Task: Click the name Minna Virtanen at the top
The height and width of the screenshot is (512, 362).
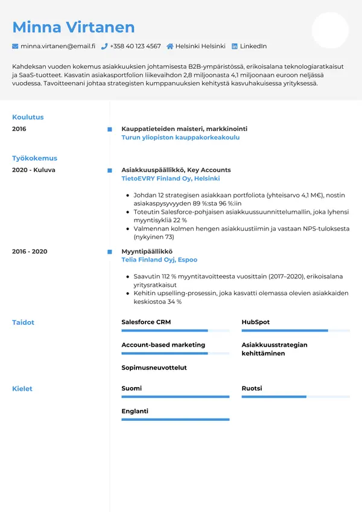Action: pyautogui.click(x=74, y=27)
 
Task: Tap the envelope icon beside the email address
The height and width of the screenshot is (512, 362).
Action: pyautogui.click(x=15, y=46)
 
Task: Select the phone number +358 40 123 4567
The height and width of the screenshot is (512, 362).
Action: pyautogui.click(x=135, y=46)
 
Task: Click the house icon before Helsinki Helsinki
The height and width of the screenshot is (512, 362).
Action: pyautogui.click(x=170, y=46)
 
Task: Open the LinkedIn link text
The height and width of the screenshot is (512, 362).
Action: pyautogui.click(x=253, y=46)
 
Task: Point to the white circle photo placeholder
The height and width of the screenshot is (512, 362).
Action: pyautogui.click(x=330, y=30)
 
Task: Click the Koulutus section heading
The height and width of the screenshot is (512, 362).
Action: pyautogui.click(x=28, y=117)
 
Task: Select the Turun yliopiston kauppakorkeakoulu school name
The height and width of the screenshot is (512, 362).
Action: pyautogui.click(x=180, y=138)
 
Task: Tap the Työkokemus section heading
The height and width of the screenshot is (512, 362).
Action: pyautogui.click(x=34, y=158)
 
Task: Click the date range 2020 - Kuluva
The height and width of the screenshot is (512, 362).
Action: pyautogui.click(x=33, y=170)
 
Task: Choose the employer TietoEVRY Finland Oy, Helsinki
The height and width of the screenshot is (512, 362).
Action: pyautogui.click(x=171, y=179)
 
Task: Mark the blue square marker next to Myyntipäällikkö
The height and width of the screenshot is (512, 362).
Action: pyautogui.click(x=109, y=251)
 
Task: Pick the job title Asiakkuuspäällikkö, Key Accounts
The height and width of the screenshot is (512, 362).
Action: pyautogui.click(x=176, y=170)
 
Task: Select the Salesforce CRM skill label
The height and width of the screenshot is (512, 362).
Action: pyautogui.click(x=146, y=322)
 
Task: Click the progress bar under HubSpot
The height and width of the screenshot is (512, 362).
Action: pyautogui.click(x=296, y=331)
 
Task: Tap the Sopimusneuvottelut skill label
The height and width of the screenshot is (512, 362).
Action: pyautogui.click(x=154, y=368)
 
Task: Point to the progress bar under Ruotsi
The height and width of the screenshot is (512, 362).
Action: pyautogui.click(x=296, y=397)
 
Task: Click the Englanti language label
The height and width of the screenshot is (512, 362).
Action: pyautogui.click(x=135, y=411)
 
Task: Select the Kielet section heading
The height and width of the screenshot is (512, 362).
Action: pyautogui.click(x=22, y=389)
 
